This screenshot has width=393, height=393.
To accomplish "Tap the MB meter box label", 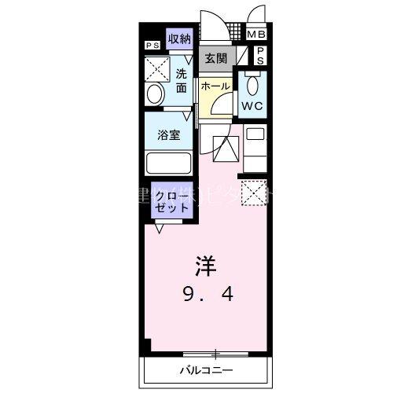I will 256,35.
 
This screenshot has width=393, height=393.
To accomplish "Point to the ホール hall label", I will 215,86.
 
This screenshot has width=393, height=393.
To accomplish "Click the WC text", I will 252,105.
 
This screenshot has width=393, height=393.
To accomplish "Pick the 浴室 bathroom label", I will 168,134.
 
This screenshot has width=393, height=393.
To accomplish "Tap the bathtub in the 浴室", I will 168,163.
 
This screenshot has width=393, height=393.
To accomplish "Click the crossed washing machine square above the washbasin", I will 156,69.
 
